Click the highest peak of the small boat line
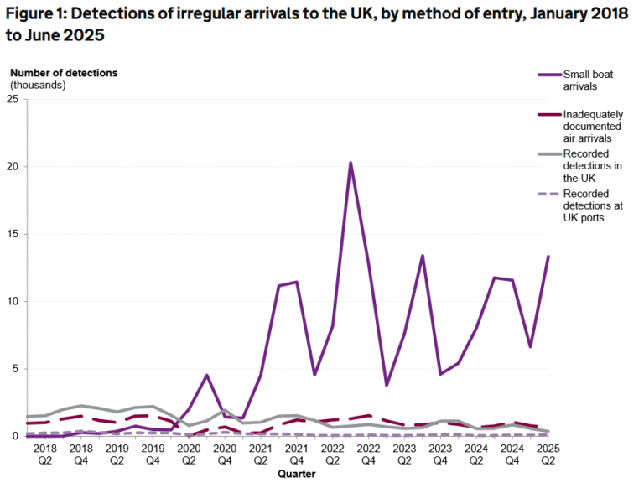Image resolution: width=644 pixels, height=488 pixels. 350,163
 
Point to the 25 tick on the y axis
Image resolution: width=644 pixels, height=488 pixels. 13,99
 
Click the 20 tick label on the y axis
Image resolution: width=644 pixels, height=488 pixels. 13,167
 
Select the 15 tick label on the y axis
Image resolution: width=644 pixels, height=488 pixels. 13,234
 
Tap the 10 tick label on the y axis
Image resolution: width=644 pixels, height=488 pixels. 13,301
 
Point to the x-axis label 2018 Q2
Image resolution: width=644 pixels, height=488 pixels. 45,454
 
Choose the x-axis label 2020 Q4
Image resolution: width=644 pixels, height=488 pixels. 224,454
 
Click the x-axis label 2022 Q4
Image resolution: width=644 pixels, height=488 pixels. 368,454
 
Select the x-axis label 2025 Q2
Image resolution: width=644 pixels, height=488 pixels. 548,454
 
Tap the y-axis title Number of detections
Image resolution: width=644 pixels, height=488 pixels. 64,72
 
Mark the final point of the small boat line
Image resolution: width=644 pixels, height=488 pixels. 548,257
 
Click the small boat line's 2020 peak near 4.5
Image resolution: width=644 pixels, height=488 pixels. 206,375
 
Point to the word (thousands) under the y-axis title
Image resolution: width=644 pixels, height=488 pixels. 39,85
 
